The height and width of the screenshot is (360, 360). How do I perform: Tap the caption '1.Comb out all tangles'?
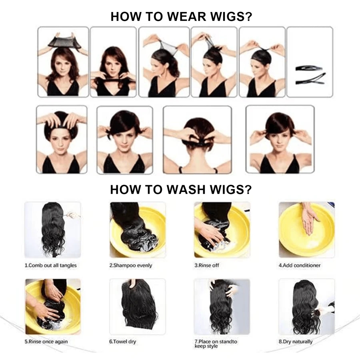(50, 266)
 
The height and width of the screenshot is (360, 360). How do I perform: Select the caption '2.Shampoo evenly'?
(131, 266)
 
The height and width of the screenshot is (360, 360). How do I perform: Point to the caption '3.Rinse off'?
(207, 266)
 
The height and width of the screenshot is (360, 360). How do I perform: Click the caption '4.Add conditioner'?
(299, 266)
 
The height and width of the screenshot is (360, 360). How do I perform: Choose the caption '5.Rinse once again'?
(46, 342)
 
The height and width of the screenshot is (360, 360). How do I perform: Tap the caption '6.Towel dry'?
(123, 342)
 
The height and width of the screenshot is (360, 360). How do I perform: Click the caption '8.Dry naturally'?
(296, 342)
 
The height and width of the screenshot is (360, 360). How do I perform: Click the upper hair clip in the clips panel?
(309, 68)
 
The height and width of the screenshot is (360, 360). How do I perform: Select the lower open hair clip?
(310, 79)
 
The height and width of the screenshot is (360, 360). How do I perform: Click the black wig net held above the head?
(65, 42)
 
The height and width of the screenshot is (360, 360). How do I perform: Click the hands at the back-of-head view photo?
(198, 137)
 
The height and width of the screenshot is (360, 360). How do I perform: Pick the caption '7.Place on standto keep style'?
(216, 344)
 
